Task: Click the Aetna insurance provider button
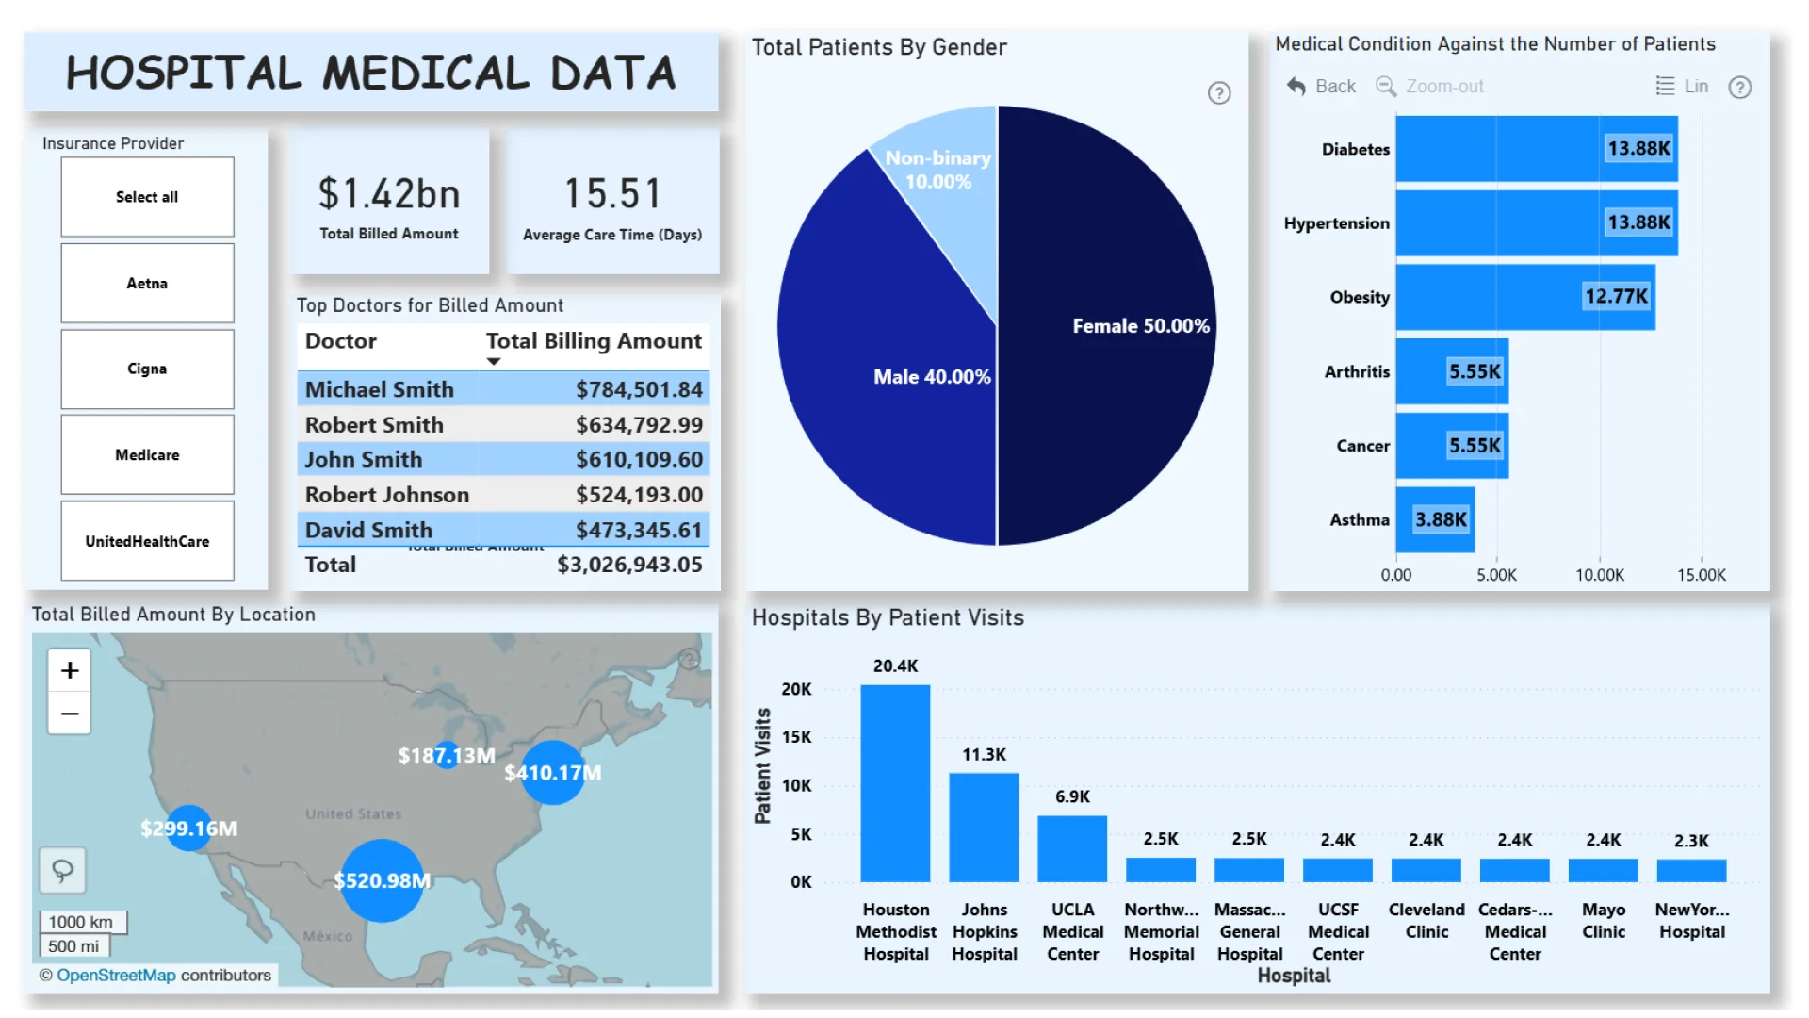147,283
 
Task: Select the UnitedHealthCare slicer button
147,541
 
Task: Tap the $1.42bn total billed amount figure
389,194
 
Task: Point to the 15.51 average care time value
612,194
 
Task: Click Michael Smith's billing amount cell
639,389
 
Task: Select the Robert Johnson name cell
386,495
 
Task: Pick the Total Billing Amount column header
594,341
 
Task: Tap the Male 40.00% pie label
931,377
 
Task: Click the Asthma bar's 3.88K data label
1441,519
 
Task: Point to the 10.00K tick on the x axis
1600,575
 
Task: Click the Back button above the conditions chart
1322,87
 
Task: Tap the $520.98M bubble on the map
382,880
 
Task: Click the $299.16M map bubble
189,829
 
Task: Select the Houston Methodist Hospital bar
895,782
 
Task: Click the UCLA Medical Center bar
1072,848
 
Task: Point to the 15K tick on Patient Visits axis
796,737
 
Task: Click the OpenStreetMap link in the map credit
116,975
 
